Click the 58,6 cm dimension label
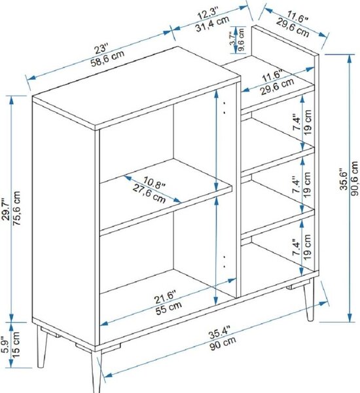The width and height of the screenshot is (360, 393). pos(107,58)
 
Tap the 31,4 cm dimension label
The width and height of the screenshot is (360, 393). pos(212,24)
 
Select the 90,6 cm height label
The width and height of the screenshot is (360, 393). pos(355,178)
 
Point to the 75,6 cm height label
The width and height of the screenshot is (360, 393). pos(16,208)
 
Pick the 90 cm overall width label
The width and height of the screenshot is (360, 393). pos(223,343)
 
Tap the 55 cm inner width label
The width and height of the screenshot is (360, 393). pos(169,308)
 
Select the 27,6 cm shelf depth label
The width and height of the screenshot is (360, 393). pos(149,193)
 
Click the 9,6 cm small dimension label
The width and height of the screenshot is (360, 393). pos(241,39)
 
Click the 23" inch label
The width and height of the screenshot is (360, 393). pos(101,48)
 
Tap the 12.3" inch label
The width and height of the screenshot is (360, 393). pos(208,14)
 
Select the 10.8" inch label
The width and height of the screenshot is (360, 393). pos(154,182)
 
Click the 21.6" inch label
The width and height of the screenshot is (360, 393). pos(165,297)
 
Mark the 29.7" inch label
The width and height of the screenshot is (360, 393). pos(6,210)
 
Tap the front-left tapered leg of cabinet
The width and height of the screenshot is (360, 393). pos(97,371)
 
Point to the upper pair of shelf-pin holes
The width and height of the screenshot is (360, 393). pos(225,107)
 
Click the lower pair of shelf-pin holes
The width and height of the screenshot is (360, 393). pos(225,261)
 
